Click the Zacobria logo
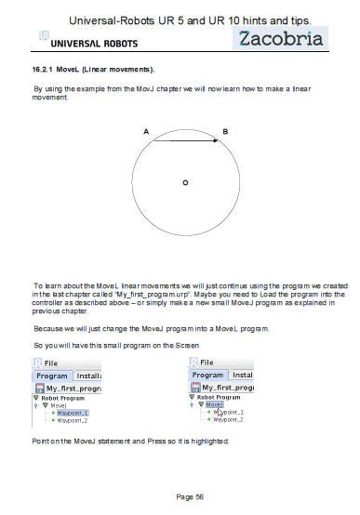tap(280, 38)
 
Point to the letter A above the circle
tap(146, 132)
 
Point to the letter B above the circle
tap(225, 132)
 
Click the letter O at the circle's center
tap(185, 183)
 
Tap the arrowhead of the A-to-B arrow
tap(216, 141)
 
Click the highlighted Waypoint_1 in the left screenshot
tap(72, 412)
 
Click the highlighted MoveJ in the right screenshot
tap(216, 404)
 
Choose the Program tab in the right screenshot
tap(208, 375)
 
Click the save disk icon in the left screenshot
tap(39, 388)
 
